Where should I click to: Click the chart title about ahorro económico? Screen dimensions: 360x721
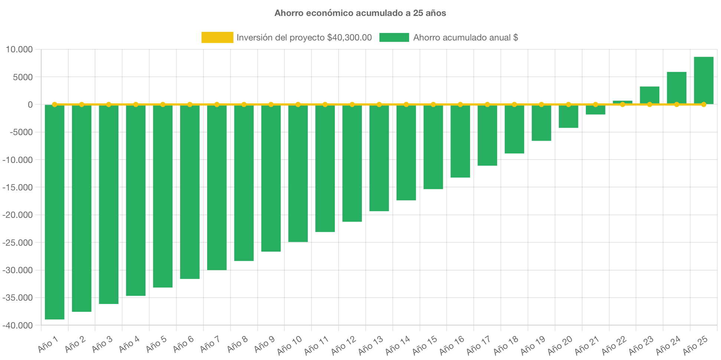[x=360, y=13]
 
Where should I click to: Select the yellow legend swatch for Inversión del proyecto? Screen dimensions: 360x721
[x=217, y=37]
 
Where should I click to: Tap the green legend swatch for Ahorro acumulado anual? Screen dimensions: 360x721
[x=394, y=37]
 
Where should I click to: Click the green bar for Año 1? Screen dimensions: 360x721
[x=55, y=212]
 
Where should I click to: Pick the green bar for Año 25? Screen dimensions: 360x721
[x=704, y=81]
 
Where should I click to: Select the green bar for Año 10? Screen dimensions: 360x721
[x=298, y=173]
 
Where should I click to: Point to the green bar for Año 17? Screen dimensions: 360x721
[x=487, y=135]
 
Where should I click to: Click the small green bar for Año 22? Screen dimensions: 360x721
[x=623, y=102]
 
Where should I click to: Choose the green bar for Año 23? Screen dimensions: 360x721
[x=650, y=95]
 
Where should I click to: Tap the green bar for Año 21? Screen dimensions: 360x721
[x=596, y=110]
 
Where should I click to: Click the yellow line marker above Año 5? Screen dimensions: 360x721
[x=163, y=104]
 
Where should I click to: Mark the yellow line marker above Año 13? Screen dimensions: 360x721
[x=379, y=104]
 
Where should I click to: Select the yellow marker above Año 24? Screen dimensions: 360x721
[x=676, y=104]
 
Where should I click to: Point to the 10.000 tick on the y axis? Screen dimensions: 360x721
[x=19, y=50]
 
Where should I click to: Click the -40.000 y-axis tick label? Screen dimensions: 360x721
[x=17, y=325]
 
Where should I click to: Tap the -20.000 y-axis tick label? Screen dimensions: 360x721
[x=17, y=215]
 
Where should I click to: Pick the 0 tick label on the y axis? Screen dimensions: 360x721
[x=30, y=105]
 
